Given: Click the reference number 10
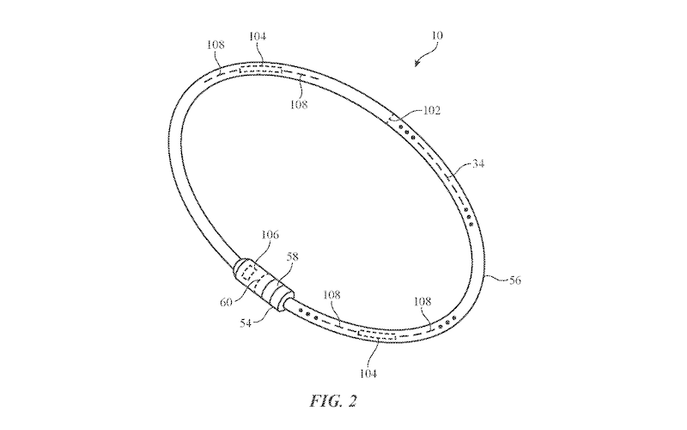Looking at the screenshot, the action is [437, 35].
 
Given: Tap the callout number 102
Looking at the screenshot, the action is [432, 111].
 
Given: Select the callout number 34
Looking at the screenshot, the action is [478, 163].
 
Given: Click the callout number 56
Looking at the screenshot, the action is [515, 280].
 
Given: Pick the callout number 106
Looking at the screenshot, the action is [270, 235].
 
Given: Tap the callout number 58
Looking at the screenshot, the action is [292, 256].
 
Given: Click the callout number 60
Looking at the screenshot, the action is [226, 303].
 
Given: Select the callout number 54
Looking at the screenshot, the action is [246, 323].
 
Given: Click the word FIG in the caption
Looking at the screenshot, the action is [325, 401].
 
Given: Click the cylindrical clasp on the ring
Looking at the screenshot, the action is [262, 284].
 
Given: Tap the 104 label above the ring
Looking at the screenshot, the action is [258, 36].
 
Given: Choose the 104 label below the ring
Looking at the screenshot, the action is [368, 373].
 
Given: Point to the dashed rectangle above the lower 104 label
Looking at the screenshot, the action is [377, 335].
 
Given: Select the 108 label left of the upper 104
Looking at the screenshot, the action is [216, 45].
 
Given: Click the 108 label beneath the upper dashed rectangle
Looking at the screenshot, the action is [299, 104].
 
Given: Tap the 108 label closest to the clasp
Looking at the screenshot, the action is [331, 295].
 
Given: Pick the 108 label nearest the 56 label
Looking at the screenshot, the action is [423, 302].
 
